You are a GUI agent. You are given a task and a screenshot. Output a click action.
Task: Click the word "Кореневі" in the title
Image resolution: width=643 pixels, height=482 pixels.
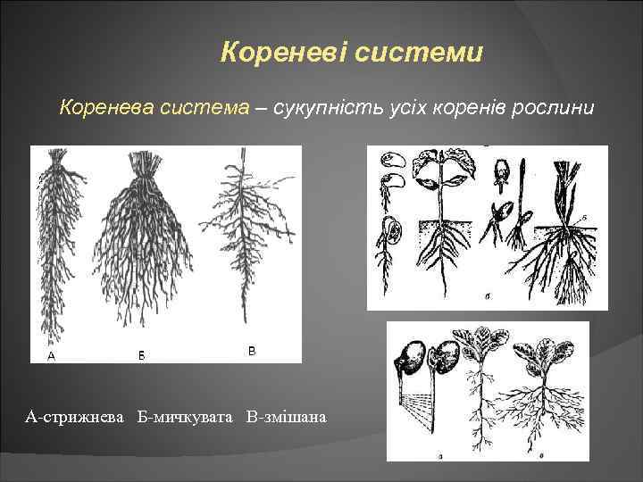[283, 54]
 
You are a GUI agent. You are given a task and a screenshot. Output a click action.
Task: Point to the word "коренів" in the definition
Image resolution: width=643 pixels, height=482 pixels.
[459, 108]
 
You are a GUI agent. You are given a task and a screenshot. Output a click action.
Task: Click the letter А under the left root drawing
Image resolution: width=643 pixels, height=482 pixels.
[51, 354]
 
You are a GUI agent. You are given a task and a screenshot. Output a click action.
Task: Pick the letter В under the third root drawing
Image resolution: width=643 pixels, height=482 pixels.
[252, 352]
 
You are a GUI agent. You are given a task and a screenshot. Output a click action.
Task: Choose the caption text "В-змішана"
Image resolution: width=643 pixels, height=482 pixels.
[286, 417]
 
